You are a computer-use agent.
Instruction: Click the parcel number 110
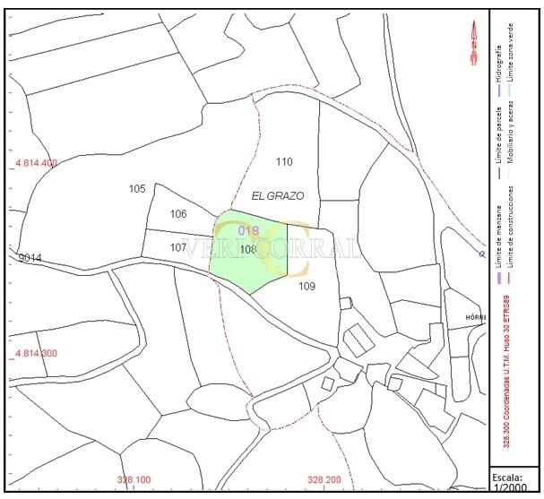284,162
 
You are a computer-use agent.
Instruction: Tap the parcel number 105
137,189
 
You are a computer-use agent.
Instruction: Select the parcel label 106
178,214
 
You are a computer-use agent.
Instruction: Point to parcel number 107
178,247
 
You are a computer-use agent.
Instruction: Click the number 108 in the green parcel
249,249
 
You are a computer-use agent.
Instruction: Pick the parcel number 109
307,287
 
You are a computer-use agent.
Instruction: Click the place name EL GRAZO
278,195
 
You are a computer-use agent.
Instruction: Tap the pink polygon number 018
248,231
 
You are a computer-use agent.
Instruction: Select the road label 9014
30,259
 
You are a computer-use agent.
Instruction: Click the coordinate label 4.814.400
36,164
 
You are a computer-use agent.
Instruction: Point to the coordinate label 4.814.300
36,354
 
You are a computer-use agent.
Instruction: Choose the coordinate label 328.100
134,480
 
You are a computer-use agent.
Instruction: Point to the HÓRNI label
476,318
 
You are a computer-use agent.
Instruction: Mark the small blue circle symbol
482,254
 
